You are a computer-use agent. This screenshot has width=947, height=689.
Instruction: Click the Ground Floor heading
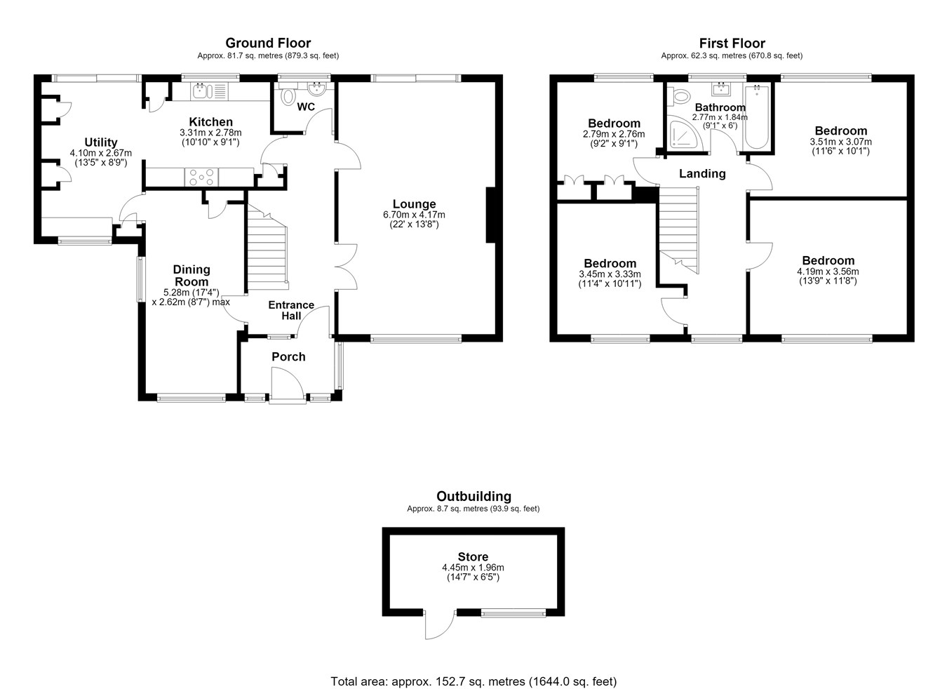[268, 43]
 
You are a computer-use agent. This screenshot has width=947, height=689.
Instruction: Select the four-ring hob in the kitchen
[201, 177]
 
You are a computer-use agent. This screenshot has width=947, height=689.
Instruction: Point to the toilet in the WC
[288, 94]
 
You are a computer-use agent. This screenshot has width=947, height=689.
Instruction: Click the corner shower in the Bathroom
[684, 133]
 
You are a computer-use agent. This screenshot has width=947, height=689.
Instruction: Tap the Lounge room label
[415, 204]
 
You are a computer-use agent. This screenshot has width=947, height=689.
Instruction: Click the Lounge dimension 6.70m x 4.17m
[415, 215]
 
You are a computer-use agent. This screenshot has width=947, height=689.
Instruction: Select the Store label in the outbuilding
[473, 556]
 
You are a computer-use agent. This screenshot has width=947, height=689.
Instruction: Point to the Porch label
[288, 357]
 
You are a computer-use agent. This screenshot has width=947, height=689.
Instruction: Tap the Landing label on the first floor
[702, 174]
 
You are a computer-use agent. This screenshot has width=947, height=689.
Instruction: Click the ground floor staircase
[267, 248]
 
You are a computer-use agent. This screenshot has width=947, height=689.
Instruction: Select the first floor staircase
[678, 231]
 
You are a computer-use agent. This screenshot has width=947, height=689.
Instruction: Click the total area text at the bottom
[473, 669]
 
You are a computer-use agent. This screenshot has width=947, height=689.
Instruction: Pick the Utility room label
[100, 142]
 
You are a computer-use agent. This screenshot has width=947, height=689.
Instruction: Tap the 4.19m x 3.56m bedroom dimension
[828, 272]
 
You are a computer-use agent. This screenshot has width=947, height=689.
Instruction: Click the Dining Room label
[191, 276]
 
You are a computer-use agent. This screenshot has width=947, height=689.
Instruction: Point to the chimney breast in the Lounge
[490, 215]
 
